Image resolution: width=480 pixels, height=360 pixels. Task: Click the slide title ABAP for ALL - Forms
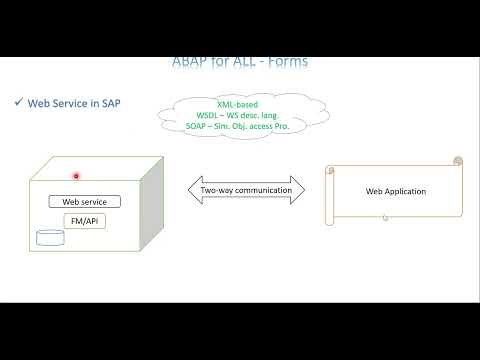(240, 62)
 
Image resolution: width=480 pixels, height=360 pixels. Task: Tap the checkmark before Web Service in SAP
(18, 102)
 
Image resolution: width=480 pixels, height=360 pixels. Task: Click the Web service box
(84, 201)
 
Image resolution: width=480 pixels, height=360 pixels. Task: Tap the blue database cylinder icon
(48, 238)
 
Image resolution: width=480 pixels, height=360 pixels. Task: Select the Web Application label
(395, 191)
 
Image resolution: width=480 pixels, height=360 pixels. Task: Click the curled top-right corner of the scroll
(458, 161)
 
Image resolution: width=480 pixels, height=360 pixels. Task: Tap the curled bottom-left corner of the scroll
(330, 220)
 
